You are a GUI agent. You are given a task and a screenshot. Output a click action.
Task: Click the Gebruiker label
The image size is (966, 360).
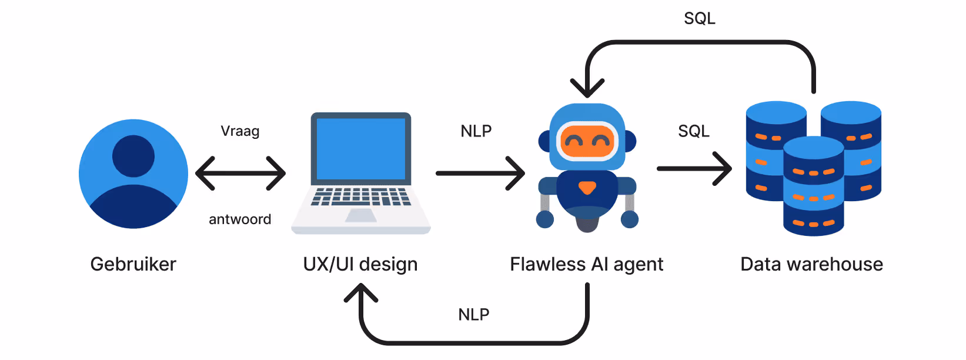(x=133, y=264)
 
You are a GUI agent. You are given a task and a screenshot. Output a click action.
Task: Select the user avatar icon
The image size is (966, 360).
(x=133, y=174)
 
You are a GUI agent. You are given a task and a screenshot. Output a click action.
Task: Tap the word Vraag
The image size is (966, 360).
(x=240, y=131)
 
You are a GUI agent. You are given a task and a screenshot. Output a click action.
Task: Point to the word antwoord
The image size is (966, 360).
(x=240, y=219)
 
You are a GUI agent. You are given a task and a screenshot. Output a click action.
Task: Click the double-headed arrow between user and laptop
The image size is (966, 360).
(x=240, y=174)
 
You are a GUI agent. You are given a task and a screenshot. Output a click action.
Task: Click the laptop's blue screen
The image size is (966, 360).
(x=361, y=148)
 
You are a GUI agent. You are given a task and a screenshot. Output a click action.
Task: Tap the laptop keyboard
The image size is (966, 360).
(x=361, y=196)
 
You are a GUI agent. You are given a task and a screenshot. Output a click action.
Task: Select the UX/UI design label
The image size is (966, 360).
(x=360, y=264)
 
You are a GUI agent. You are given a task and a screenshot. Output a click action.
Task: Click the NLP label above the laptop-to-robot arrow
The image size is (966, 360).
(x=476, y=131)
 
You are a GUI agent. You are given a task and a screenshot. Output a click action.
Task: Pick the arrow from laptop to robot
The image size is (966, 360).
(x=480, y=174)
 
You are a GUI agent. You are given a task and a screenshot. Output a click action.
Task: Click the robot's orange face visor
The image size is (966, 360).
(x=587, y=141)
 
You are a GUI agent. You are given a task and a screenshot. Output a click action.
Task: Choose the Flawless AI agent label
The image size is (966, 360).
(x=587, y=264)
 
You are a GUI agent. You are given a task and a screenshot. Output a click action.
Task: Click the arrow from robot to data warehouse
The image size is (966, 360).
(x=694, y=169)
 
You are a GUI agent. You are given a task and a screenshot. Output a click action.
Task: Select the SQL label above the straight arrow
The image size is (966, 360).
(x=694, y=131)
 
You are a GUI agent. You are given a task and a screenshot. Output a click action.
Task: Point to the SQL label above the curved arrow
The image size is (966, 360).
(x=700, y=18)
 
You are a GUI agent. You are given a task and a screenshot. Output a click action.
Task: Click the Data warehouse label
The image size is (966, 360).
(x=811, y=264)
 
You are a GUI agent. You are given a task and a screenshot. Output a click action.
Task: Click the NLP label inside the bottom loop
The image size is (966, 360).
(x=474, y=314)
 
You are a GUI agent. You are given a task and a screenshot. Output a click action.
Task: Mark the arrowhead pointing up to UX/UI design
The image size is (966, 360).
(x=361, y=292)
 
